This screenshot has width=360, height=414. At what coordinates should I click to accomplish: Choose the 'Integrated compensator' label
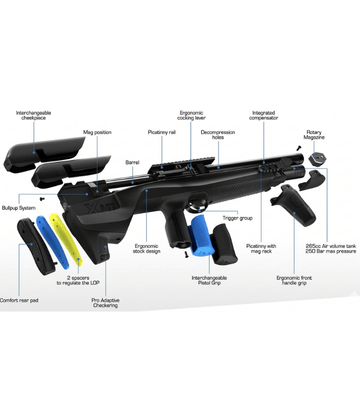click(x=264, y=116)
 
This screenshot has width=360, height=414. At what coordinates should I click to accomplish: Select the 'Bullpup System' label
click(x=22, y=207)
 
